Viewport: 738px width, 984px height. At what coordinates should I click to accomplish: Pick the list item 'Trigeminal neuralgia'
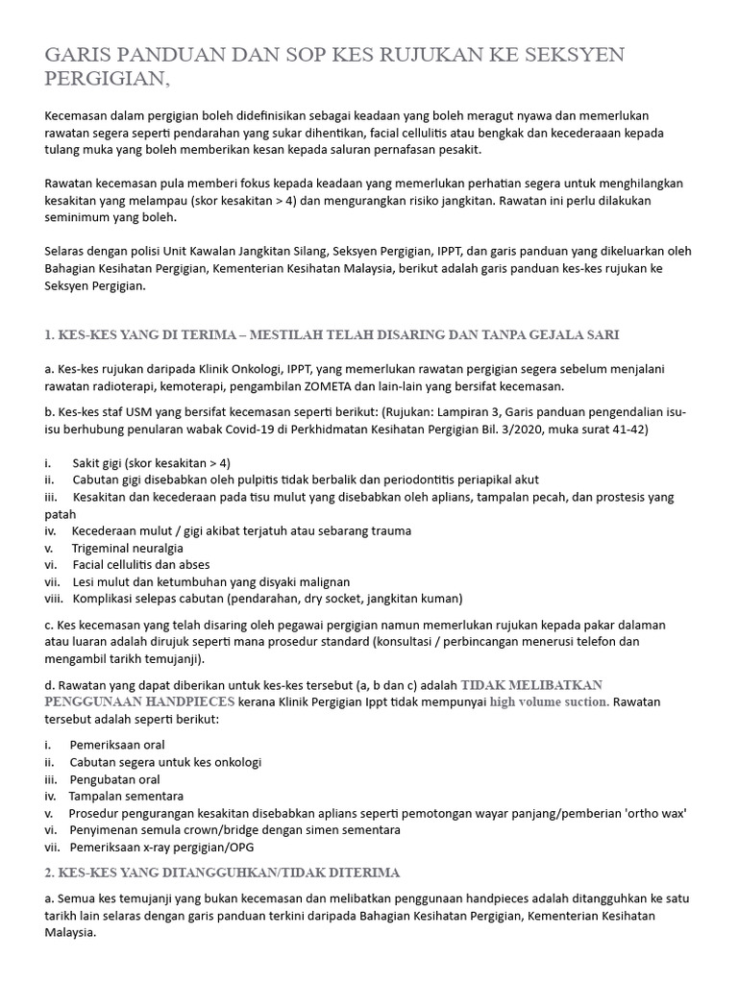tap(128, 548)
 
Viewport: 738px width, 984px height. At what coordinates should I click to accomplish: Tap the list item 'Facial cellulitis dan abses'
tap(141, 564)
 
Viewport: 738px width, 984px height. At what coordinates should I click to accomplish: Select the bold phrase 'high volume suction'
tap(550, 701)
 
